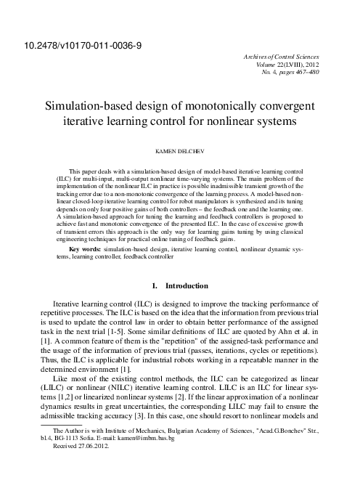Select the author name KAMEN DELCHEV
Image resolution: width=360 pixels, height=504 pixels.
[x=179, y=154]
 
